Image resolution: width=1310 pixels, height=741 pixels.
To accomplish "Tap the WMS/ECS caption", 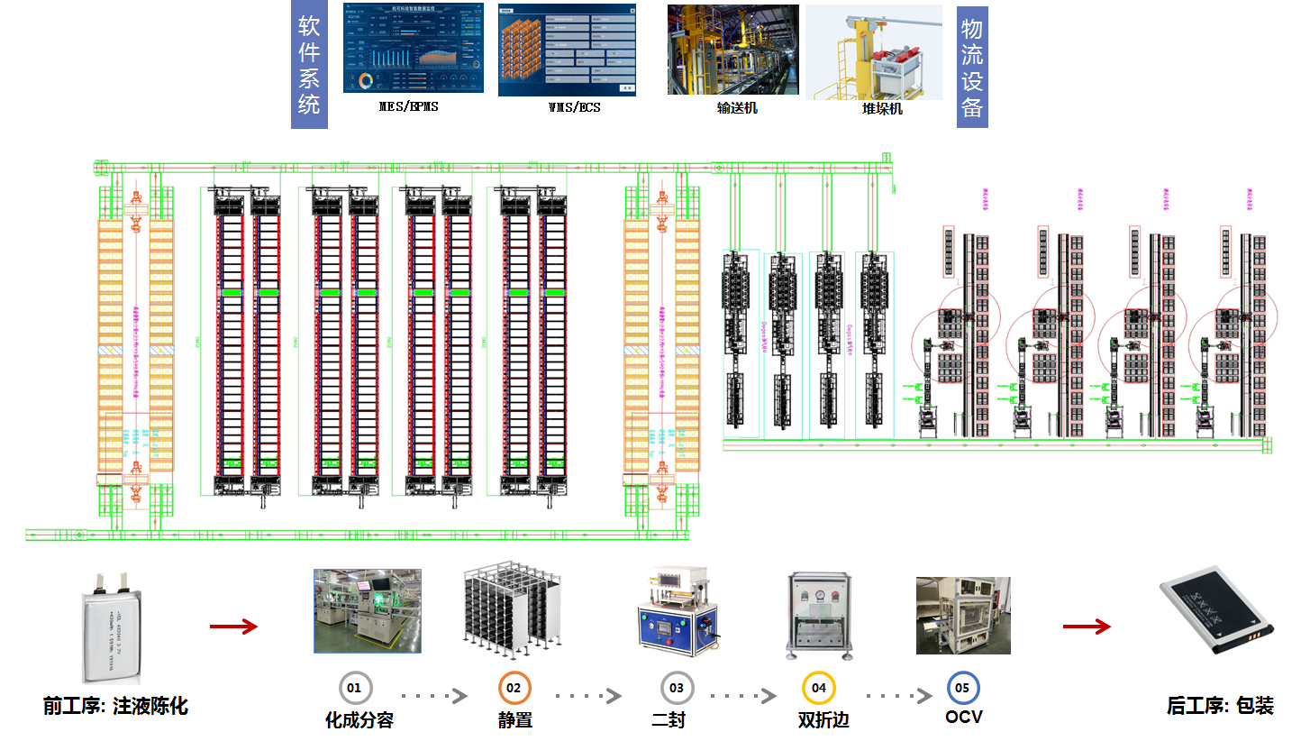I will (574, 107).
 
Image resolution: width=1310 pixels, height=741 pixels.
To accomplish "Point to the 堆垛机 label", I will (881, 109).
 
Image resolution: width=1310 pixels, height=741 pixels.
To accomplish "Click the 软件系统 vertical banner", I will (309, 64).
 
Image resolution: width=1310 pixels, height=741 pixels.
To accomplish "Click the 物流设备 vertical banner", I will (972, 69).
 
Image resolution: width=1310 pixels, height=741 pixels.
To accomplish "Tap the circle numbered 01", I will (354, 688).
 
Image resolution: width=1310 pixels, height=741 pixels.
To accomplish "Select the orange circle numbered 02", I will (514, 688).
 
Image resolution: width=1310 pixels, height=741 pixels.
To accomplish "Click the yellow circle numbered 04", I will (818, 688).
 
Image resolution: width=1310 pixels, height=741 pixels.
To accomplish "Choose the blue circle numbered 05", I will (962, 688).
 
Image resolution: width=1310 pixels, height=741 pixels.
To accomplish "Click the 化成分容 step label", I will (359, 720).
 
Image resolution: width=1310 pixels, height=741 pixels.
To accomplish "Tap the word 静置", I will (515, 720).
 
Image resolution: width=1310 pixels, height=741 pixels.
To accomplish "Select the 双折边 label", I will (823, 720).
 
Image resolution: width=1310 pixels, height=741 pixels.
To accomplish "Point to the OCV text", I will (964, 718).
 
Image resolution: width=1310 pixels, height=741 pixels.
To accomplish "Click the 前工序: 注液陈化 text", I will (115, 706).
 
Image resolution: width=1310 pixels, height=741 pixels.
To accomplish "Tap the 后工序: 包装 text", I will (1220, 706).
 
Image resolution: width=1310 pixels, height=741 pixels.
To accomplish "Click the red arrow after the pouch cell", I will (233, 627).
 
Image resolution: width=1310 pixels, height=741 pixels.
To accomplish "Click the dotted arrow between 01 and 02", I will (433, 696).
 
